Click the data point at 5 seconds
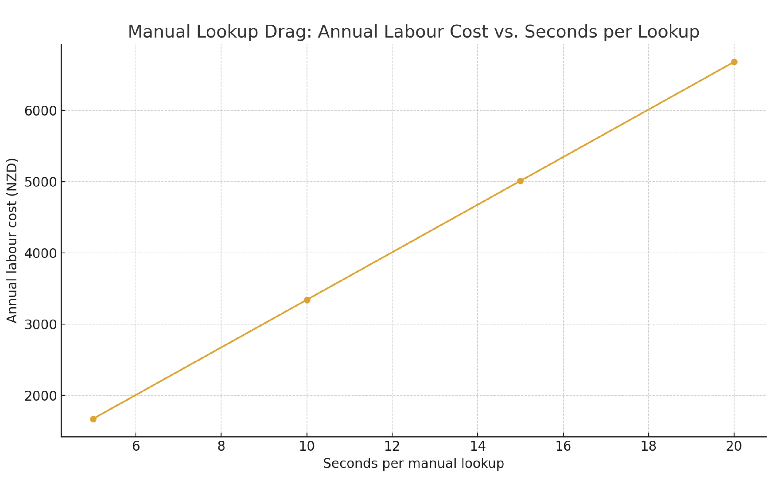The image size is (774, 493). [93, 419]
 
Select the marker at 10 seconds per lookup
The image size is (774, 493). [307, 300]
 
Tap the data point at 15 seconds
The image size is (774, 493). [520, 181]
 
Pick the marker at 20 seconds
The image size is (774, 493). [734, 62]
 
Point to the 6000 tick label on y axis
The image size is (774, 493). [41, 111]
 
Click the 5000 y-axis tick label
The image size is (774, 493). [41, 182]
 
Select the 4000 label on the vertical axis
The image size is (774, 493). [41, 253]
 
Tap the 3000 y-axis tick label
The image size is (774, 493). [41, 325]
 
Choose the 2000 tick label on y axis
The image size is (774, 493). [41, 396]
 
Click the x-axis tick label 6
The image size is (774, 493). [136, 446]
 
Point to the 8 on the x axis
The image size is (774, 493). [221, 446]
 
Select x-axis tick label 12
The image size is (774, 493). [392, 446]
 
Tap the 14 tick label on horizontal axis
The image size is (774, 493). [478, 446]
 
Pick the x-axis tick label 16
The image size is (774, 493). [563, 446]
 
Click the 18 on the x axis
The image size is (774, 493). [649, 446]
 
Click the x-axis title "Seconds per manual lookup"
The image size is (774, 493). [413, 463]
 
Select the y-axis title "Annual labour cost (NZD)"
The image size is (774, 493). [12, 240]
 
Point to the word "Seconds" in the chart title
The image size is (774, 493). [560, 32]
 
